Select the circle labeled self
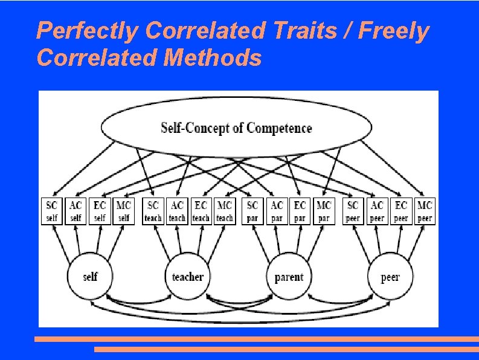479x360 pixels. pos(90,277)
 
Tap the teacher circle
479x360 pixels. pos(187,277)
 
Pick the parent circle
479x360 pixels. pos(289,277)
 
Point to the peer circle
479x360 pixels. pos(390,277)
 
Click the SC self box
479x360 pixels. pos(52,211)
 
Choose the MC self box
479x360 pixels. pos(123,211)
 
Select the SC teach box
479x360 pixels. pos(153,211)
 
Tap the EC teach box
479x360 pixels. pos(201,211)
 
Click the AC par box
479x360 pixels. pos(277,211)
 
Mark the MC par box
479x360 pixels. pos(324,211)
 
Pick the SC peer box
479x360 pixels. pos(353,211)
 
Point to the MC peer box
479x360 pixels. pos(425,211)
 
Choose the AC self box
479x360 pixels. pos(76,211)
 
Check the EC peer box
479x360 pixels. pos(401,211)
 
